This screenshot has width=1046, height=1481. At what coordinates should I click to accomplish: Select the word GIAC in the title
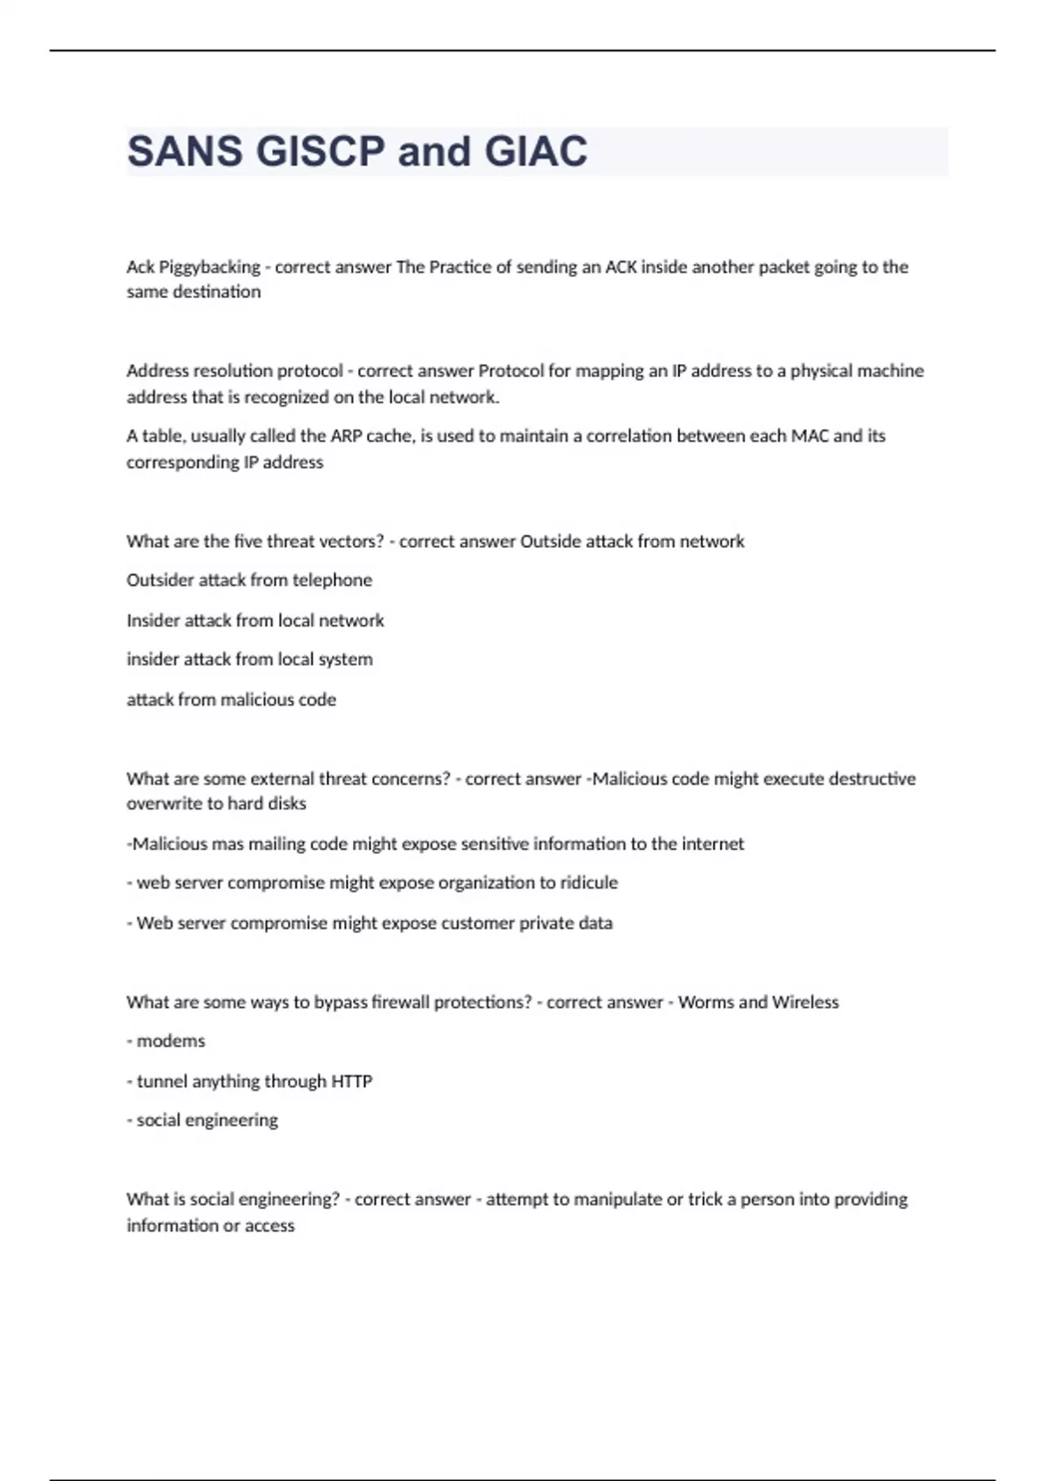(x=535, y=152)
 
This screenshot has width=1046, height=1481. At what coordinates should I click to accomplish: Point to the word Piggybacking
(x=209, y=267)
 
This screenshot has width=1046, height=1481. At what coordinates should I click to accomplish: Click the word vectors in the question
(x=346, y=541)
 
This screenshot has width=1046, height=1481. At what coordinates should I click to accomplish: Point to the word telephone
(x=332, y=580)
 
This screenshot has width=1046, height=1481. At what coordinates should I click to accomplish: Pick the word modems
(x=171, y=1041)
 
